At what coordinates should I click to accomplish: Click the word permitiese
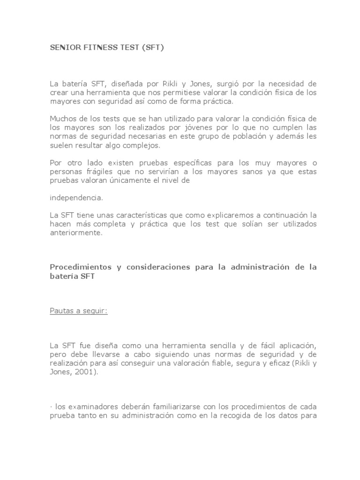193,93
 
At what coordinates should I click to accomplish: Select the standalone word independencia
76,197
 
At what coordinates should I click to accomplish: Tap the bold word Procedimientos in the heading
78,267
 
